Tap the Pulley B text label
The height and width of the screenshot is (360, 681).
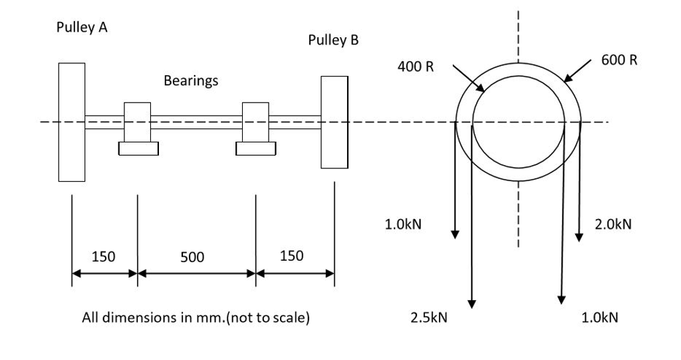pos(333,40)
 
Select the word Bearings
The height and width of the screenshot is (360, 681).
pos(190,81)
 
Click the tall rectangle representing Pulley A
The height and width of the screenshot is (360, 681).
pos(71,122)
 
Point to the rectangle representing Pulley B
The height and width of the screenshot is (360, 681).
pos(334,122)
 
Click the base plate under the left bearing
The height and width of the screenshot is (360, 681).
pos(138,148)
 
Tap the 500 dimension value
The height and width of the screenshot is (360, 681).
pos(193,256)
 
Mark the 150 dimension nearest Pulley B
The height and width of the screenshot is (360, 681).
pos(291,256)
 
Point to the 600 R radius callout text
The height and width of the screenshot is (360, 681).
pos(619,60)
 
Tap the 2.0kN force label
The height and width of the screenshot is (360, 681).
pos(613,225)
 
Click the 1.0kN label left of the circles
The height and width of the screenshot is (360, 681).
pos(403,225)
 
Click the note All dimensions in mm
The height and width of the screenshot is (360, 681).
pos(195,317)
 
